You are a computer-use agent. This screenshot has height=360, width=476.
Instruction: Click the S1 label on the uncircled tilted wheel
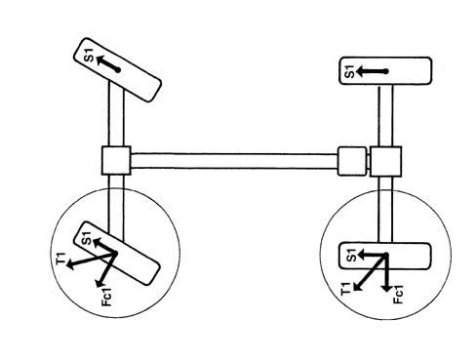coord(89,56)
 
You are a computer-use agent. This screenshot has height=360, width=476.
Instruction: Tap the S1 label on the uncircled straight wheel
coord(350,71)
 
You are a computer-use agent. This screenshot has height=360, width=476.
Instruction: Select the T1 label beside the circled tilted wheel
coord(60,259)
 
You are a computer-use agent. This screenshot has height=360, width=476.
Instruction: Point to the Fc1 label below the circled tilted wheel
coord(106,297)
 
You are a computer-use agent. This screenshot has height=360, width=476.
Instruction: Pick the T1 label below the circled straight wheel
coord(346,289)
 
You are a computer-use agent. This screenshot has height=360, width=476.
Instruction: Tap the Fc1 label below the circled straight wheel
coord(398,295)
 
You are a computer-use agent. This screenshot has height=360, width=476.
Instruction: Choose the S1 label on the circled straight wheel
coord(352,256)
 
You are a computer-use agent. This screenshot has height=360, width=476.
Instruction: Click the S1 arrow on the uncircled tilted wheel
coord(107,63)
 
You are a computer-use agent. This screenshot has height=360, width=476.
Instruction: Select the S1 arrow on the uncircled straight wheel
coord(372,71)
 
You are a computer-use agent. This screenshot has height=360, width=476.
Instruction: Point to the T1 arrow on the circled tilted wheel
coord(92,260)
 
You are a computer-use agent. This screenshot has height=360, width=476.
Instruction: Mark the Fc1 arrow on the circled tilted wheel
coord(106,269)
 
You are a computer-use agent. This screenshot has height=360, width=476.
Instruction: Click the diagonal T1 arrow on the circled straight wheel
coord(370,272)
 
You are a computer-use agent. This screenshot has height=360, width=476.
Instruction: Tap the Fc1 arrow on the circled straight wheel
coord(387,273)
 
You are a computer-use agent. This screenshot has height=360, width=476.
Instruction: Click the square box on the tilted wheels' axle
coord(116,161)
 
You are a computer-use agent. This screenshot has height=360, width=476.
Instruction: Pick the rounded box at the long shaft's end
coord(352,161)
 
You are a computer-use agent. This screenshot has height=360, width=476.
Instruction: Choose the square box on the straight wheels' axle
coord(385,162)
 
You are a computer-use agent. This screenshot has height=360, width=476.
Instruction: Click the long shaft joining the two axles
coord(234,161)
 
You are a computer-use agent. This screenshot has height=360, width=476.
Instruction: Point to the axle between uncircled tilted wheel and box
coord(116,114)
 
